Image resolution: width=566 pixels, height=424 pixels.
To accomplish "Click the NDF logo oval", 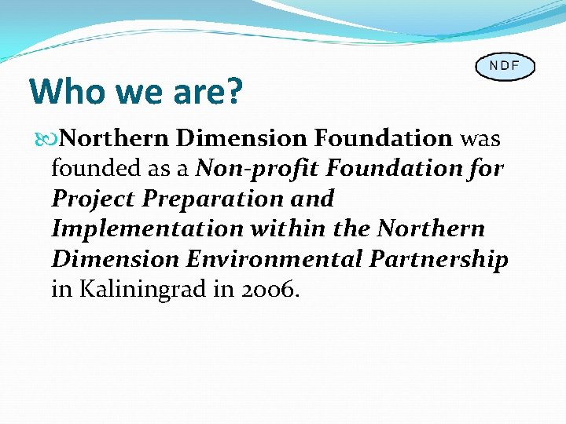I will [504, 66].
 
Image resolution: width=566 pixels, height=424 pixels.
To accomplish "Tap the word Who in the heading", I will [63, 92].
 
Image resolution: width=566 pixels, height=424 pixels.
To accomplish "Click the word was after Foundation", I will [480, 139].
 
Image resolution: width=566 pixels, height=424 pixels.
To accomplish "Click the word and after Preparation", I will [312, 199].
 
